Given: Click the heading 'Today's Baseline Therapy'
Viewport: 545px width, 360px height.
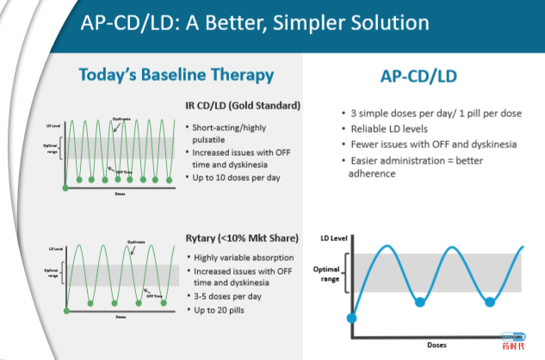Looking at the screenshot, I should click(x=176, y=74).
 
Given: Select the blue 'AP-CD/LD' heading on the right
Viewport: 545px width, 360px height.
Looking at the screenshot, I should click(x=418, y=76).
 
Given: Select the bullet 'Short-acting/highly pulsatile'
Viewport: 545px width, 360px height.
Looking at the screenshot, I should click(x=233, y=133).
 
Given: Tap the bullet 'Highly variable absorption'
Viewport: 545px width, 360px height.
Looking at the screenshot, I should click(x=245, y=258).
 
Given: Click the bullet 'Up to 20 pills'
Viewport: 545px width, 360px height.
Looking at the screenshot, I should click(x=222, y=308).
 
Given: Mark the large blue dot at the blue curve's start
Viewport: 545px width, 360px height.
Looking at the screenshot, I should click(x=350, y=319).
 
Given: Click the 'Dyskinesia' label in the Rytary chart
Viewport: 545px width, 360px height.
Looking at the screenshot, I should click(x=134, y=242).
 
